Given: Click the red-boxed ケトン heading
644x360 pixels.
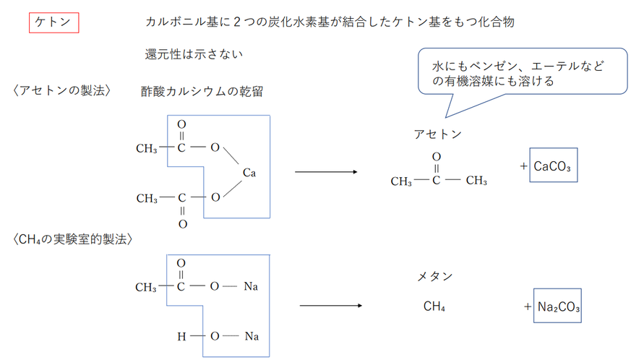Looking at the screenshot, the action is tap(53, 22).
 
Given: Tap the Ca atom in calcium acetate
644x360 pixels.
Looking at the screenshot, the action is tap(249, 173).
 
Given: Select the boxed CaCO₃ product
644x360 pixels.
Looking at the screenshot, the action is tap(553, 165).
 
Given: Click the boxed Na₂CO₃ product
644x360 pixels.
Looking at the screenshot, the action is tap(557, 306).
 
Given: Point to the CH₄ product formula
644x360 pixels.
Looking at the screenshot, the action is tap(434, 307).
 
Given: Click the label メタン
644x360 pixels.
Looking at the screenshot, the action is tap(434, 277).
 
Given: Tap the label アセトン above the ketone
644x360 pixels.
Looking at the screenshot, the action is tap(437, 134).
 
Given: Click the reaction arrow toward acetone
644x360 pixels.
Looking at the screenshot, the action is tap(326, 172).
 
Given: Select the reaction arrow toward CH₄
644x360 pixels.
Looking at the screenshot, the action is tap(330, 305).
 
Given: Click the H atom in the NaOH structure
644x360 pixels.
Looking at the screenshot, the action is tap(181, 337).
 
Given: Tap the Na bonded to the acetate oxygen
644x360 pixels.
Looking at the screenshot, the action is tap(251, 286).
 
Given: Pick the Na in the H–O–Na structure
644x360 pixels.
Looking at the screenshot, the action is tap(252, 336).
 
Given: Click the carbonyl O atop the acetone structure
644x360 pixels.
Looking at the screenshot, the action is tap(436, 157).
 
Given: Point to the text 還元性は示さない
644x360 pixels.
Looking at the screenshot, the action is tap(194, 54).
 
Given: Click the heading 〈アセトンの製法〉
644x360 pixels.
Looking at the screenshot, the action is tap(62, 90).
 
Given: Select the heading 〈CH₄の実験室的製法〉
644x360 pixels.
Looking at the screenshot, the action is tap(73, 239).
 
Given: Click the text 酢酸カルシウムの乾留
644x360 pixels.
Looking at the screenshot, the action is tap(202, 91).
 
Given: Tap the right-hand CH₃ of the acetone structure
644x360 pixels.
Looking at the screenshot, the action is tap(476, 181).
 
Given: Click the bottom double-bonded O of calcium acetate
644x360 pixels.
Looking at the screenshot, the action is tap(183, 224).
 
